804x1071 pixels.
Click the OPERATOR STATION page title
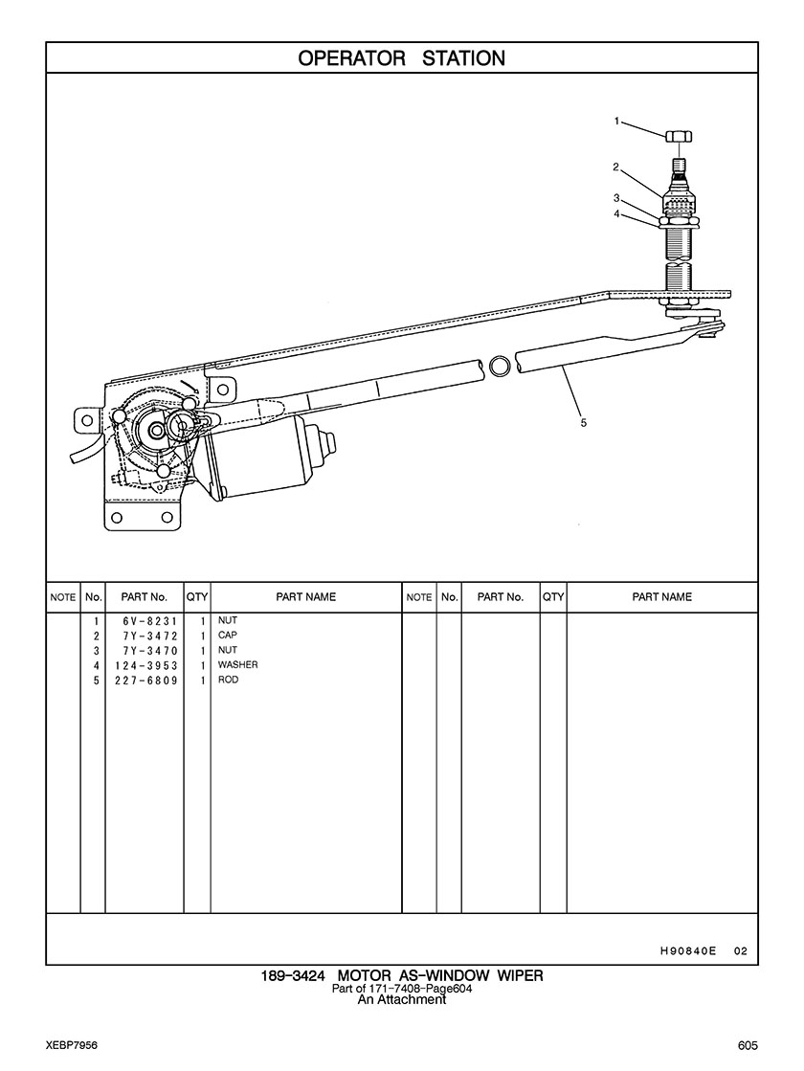point(401,58)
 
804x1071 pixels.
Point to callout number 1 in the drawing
point(617,122)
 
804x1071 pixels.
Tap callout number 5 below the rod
point(584,422)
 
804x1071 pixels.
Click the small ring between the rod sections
point(500,366)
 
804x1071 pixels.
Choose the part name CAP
point(227,636)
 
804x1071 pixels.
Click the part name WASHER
point(237,665)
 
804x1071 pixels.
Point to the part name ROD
point(228,681)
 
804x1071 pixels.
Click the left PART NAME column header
point(305,597)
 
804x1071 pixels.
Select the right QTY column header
point(552,597)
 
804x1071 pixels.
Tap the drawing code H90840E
point(688,951)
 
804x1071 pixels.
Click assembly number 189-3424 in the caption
point(293,976)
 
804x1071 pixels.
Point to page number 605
point(748,1044)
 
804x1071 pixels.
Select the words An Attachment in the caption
point(401,1000)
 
